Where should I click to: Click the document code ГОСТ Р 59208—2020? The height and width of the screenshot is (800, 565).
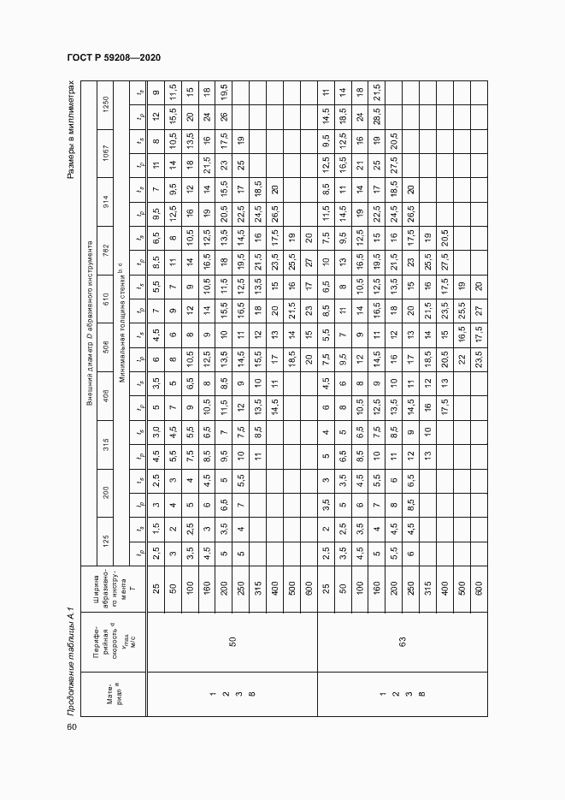click(113, 57)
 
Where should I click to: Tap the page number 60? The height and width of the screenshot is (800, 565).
click(71, 727)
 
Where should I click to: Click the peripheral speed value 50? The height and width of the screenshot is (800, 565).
click(232, 640)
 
